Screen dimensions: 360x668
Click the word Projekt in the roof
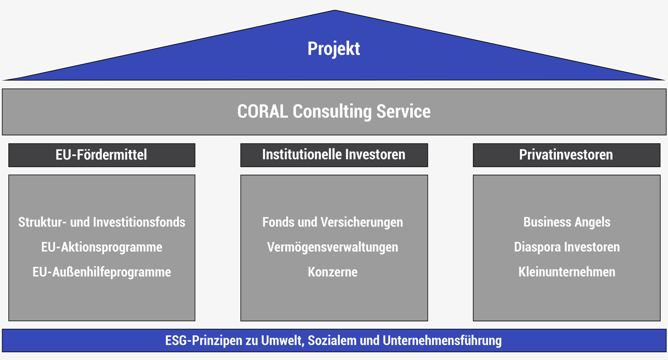point(334,49)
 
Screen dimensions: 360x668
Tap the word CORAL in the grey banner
point(262,111)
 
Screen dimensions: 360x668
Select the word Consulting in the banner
point(332,111)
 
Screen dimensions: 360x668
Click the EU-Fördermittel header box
point(102,155)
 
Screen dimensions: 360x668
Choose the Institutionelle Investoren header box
point(334,155)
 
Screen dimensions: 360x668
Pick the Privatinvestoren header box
point(566,155)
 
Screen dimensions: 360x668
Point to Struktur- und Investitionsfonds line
point(102,222)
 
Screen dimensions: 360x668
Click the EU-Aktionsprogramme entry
point(102,247)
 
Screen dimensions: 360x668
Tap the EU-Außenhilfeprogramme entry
point(102,272)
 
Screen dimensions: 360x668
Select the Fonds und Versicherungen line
point(333,222)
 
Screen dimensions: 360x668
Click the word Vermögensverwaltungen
point(333,247)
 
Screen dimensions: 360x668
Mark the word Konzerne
point(333,272)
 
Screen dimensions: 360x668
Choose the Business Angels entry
point(567,222)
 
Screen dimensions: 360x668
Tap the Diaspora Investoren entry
point(567,247)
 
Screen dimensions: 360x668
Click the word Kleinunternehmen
point(567,272)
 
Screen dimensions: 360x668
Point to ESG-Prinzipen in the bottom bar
point(204,341)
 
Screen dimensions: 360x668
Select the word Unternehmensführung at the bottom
point(442,341)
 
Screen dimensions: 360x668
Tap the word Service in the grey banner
point(403,111)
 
